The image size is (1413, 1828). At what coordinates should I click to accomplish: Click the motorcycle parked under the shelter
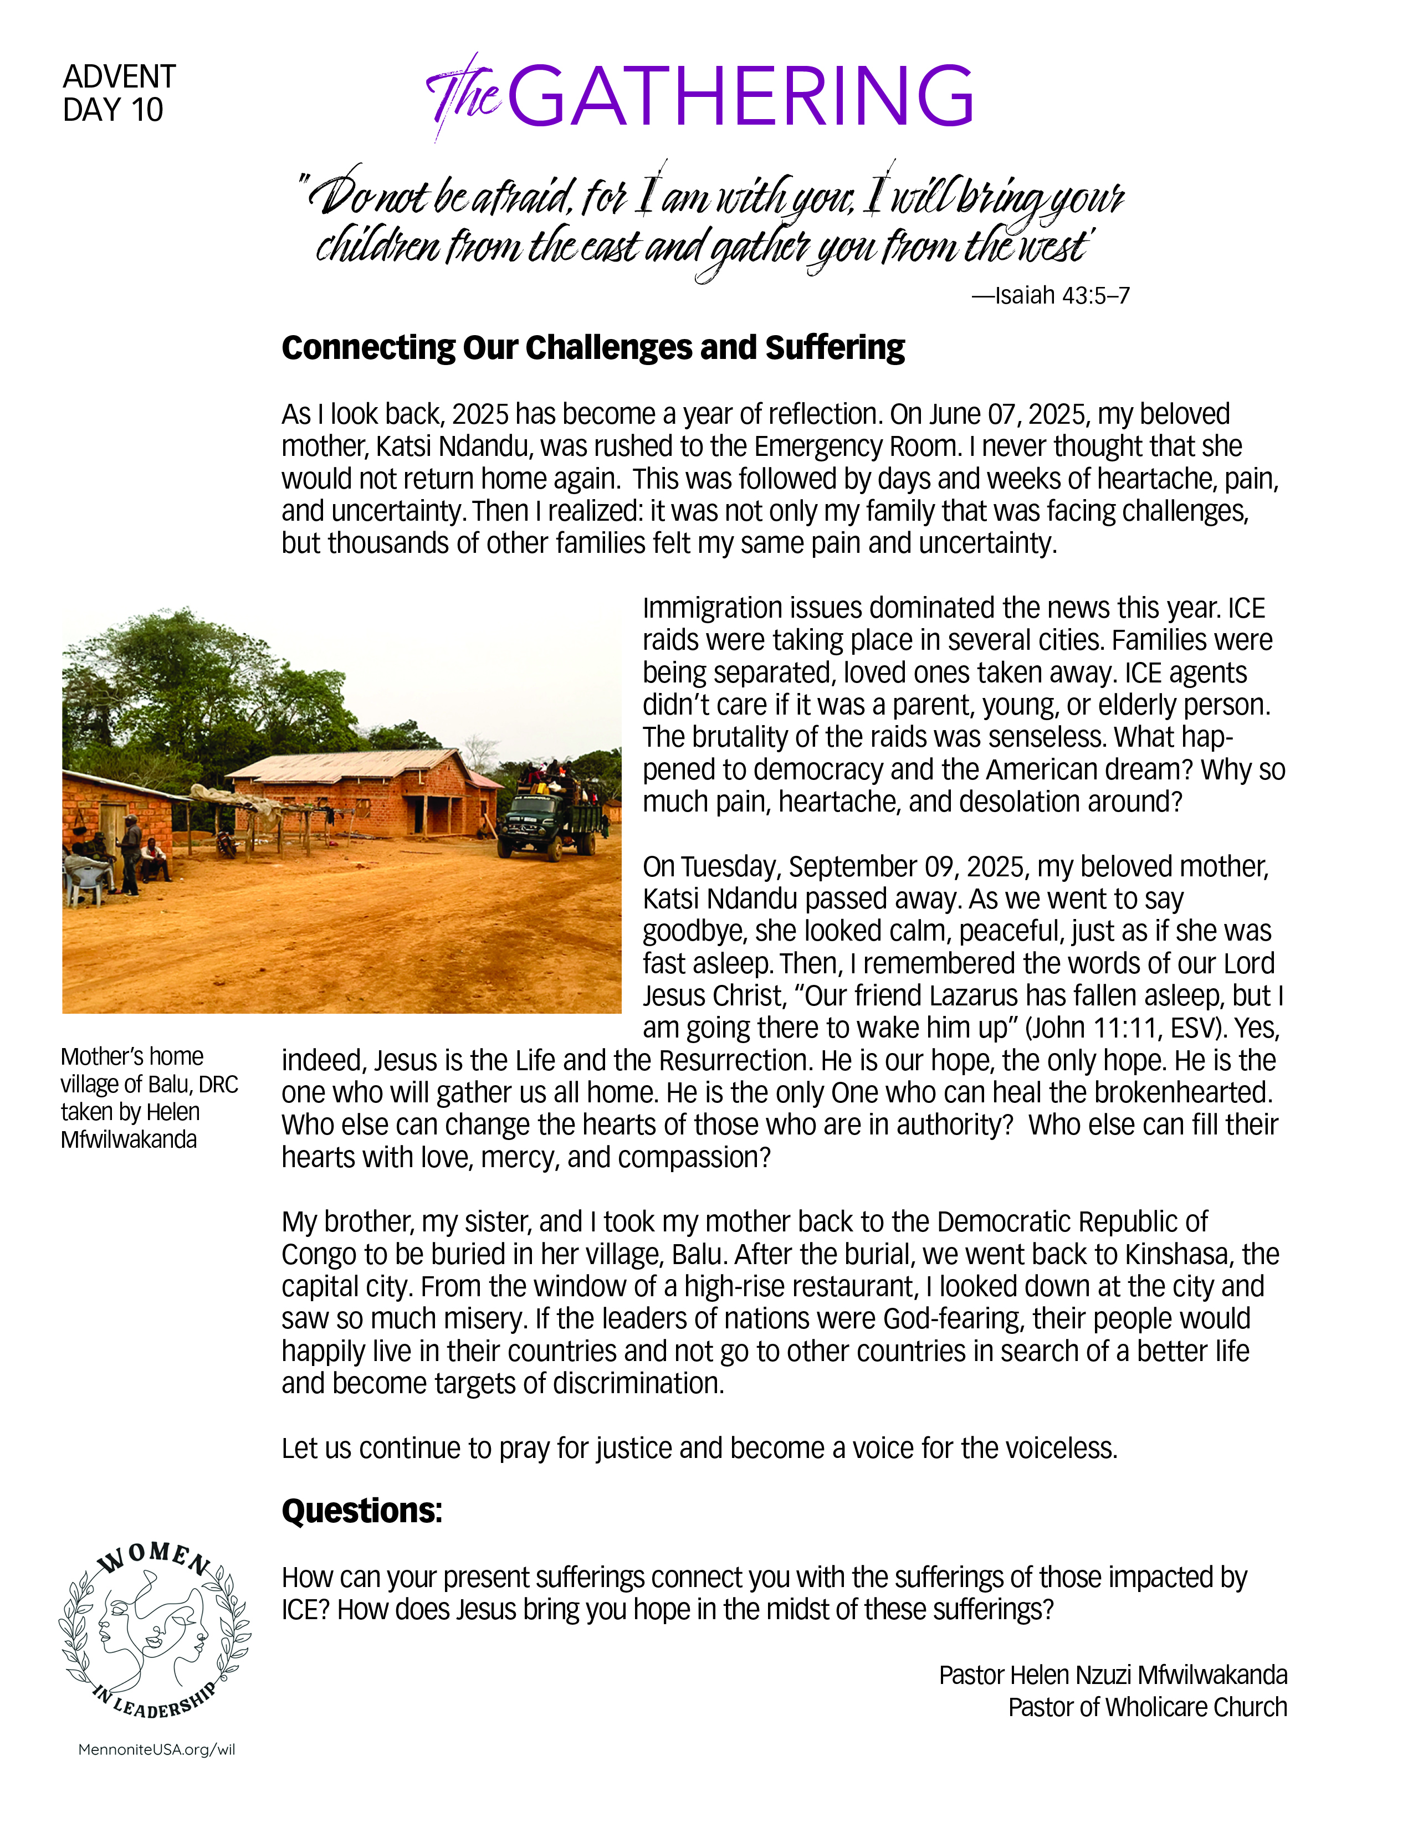click(226, 841)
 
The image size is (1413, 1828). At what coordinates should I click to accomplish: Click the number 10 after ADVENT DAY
click(146, 110)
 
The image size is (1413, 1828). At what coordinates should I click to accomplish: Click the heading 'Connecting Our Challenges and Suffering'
click(593, 347)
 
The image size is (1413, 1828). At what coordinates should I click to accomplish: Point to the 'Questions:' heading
click(362, 1511)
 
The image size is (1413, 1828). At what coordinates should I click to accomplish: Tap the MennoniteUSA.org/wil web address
click(156, 1750)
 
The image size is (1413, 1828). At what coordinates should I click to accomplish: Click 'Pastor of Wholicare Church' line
click(1147, 1707)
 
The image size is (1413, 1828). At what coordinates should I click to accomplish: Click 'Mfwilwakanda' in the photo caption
click(129, 1140)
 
